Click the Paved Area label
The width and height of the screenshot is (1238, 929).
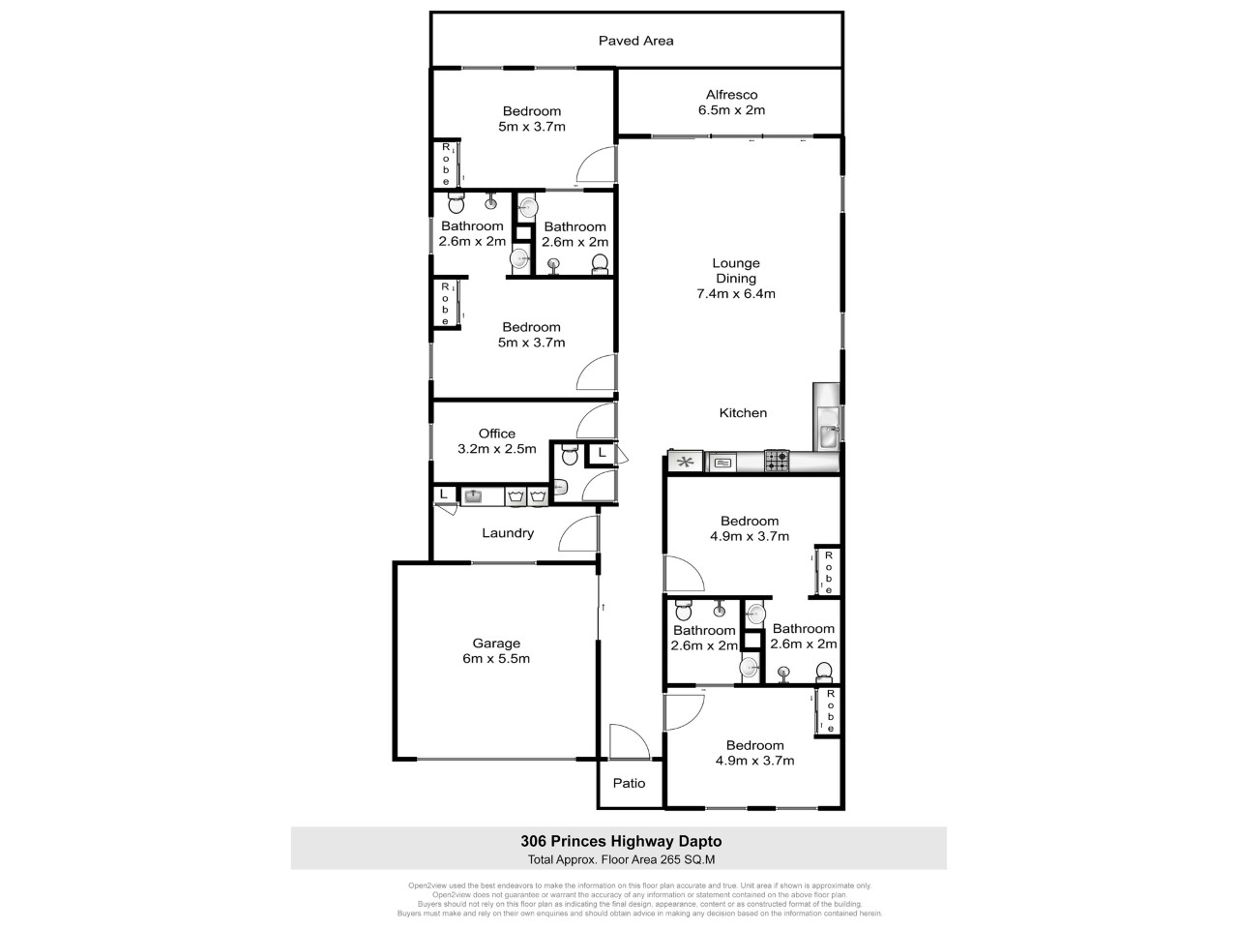tap(635, 41)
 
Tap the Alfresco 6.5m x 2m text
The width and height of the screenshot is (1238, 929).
tap(731, 102)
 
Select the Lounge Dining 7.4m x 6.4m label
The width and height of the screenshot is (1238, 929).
tap(736, 278)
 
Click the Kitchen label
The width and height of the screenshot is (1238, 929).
tap(743, 413)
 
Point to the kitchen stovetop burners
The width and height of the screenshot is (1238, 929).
tap(777, 463)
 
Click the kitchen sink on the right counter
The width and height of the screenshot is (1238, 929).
tap(829, 435)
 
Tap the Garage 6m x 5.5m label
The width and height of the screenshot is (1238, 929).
tap(496, 650)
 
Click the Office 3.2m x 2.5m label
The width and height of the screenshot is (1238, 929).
tap(497, 441)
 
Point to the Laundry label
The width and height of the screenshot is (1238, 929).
tap(508, 533)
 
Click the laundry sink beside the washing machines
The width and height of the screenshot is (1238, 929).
tap(473, 496)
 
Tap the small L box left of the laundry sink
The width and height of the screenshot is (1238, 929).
tap(444, 494)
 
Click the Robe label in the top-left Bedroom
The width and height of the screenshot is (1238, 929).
tap(446, 165)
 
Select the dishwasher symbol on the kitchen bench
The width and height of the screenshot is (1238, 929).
tap(722, 463)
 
